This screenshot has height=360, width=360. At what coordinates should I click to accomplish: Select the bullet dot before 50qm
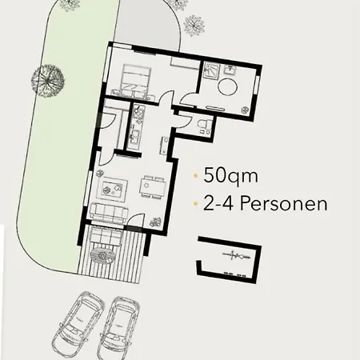coord(195,174)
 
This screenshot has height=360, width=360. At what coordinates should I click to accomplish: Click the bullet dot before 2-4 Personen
coord(195,203)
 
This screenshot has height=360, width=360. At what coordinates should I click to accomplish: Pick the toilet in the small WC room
coord(202,124)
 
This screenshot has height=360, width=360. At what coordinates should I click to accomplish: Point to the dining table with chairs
coord(152,185)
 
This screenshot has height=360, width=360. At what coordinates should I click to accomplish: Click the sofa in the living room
coord(108,213)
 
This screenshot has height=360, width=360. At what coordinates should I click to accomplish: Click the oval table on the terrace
coord(104,254)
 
